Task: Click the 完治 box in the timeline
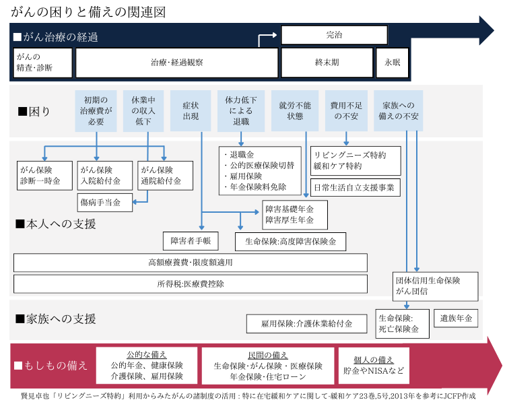coord(334,35)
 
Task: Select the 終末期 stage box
coord(327,63)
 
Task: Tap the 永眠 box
coord(392,63)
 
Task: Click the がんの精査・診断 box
coord(42,63)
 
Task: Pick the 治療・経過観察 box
coord(176,63)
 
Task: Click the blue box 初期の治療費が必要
coord(96,111)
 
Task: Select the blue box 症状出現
coord(191,111)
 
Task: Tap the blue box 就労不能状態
coord(295,111)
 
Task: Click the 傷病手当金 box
coord(104,202)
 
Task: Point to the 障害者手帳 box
coord(191,240)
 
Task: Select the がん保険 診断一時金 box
coord(44,175)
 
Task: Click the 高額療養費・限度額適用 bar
coord(191,263)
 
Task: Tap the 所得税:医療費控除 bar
coord(191,284)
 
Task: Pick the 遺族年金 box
coord(456,318)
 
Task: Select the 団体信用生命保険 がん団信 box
coord(436,286)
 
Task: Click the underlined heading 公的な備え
coord(147,354)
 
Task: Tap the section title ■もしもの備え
coord(50,366)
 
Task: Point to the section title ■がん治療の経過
coord(55,37)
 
